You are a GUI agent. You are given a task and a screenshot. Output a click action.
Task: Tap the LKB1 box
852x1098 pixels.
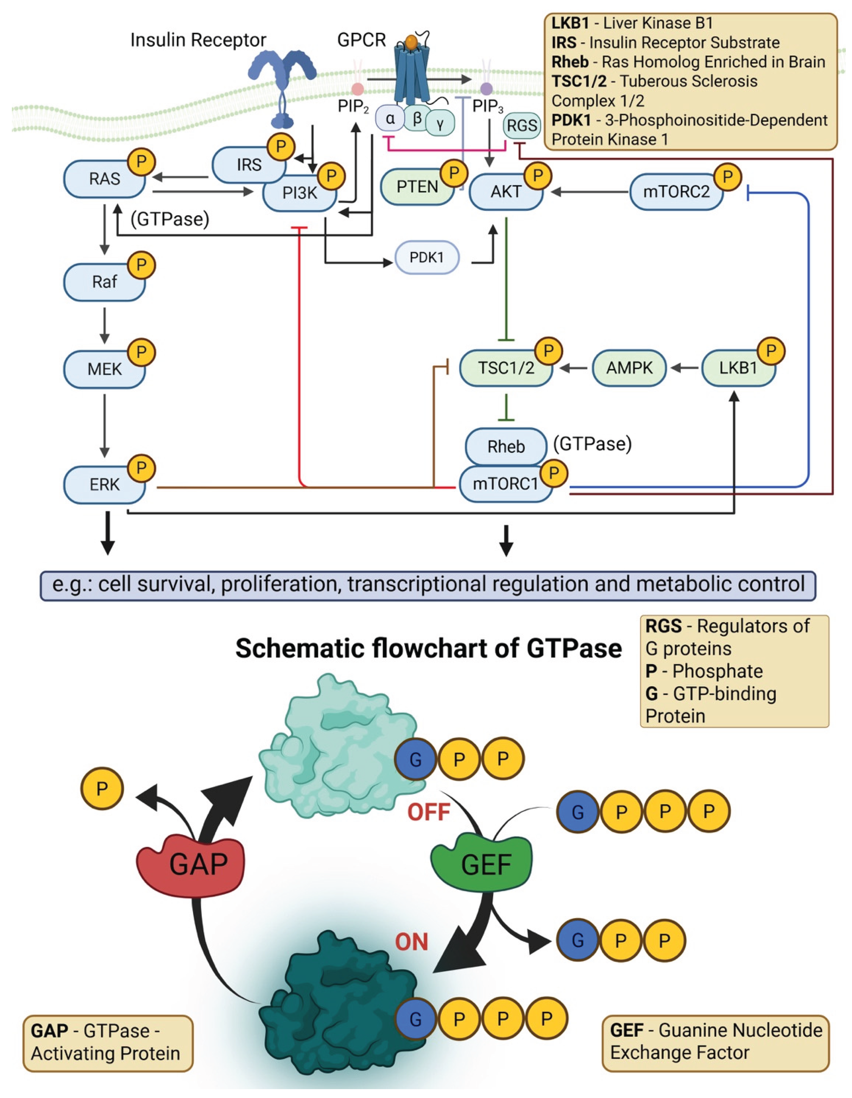click(x=737, y=368)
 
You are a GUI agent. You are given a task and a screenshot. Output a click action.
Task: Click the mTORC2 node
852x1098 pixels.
click(x=676, y=191)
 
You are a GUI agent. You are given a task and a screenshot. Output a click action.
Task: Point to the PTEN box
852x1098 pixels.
click(x=417, y=187)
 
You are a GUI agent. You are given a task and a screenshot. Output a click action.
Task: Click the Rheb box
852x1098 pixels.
click(x=505, y=446)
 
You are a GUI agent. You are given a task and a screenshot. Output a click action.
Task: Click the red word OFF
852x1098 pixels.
click(x=428, y=812)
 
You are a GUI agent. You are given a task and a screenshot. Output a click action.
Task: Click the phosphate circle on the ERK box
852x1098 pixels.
click(x=141, y=468)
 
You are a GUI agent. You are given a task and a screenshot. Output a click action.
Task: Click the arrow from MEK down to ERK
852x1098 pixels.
click(x=105, y=425)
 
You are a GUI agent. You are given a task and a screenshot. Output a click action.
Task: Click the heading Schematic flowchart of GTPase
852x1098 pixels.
click(x=428, y=648)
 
